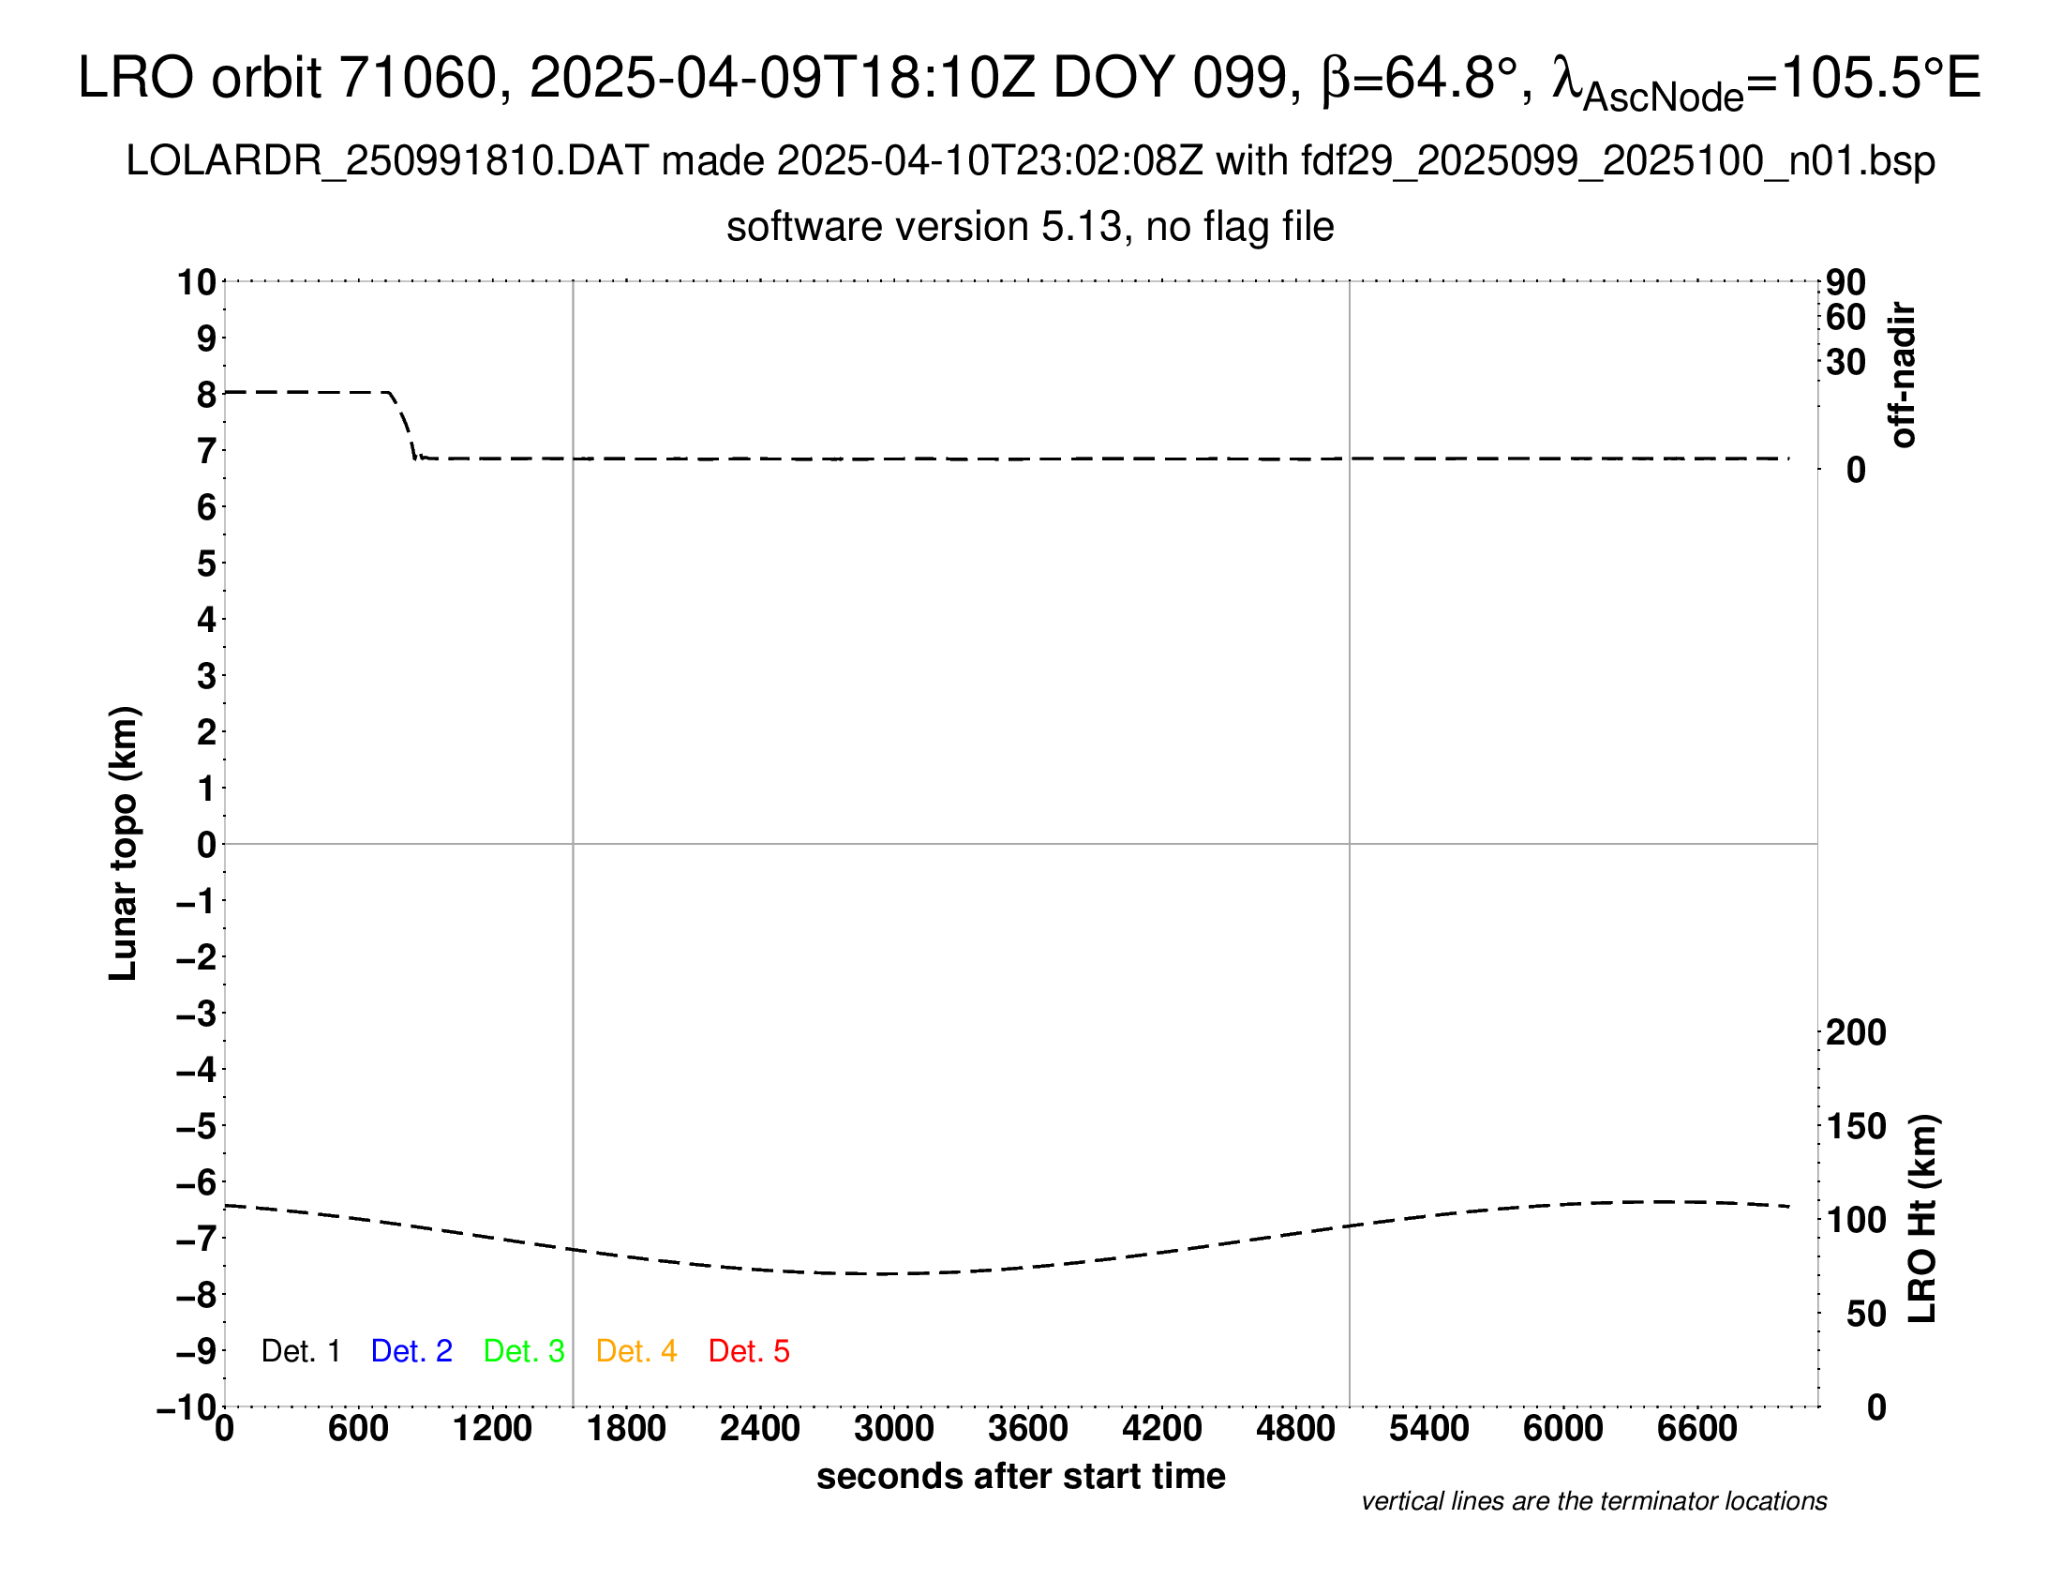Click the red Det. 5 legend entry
[x=749, y=1351]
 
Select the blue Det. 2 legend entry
[x=411, y=1351]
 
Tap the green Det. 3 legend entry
[x=524, y=1351]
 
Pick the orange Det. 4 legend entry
[x=636, y=1351]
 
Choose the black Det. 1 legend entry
[x=300, y=1351]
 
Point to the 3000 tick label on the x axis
[x=894, y=1429]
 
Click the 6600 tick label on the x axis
[x=1696, y=1429]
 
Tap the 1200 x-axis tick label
[x=492, y=1429]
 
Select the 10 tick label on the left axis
[x=198, y=282]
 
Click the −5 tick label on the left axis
[x=197, y=1126]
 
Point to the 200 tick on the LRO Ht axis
[x=1856, y=1033]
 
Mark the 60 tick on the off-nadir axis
[x=1845, y=318]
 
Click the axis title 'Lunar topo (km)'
[x=124, y=843]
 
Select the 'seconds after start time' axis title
[x=1021, y=1476]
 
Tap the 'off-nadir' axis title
[x=1904, y=375]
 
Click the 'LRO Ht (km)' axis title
[x=1922, y=1219]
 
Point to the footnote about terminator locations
[x=1593, y=1501]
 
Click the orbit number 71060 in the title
[x=417, y=78]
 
